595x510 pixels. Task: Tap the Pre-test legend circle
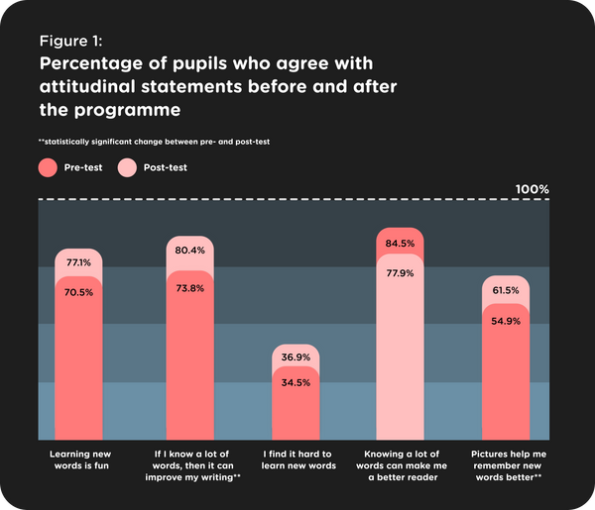pyautogui.click(x=47, y=167)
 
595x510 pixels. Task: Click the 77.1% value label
pyautogui.click(x=78, y=263)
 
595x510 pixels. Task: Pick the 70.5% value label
pyautogui.click(x=78, y=292)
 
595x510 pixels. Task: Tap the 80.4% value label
pyautogui.click(x=189, y=251)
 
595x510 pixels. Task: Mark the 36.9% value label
pyautogui.click(x=297, y=357)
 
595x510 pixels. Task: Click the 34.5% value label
pyautogui.click(x=297, y=383)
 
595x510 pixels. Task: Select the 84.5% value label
pyautogui.click(x=400, y=244)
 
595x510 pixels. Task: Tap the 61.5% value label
pyautogui.click(x=507, y=290)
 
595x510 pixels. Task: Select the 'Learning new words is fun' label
pyautogui.click(x=78, y=459)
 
